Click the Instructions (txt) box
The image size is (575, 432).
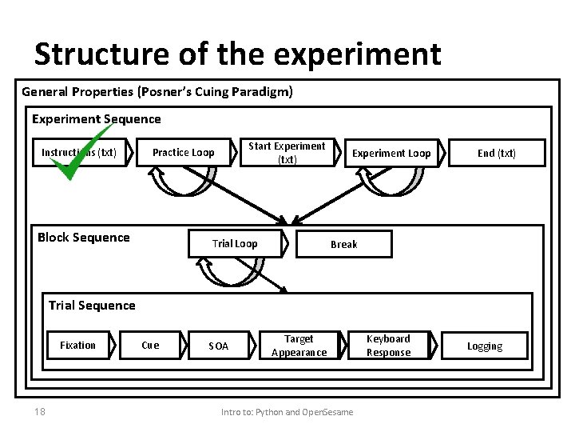pos(79,152)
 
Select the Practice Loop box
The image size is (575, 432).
pos(183,152)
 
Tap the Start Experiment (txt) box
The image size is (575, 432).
pos(287,152)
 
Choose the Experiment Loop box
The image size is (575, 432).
pos(391,153)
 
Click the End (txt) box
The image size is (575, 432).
pos(497,153)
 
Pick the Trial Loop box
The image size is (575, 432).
pos(235,244)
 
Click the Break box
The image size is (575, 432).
pos(344,244)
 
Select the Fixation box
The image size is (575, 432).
pos(77,345)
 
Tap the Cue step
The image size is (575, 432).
pos(150,345)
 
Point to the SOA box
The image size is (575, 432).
pos(218,346)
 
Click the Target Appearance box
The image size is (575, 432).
pos(299,346)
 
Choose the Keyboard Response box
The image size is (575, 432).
pos(388,346)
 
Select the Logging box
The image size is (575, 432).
pos(485,346)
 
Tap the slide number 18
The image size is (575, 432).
pos(39,411)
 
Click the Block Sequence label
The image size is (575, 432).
pos(83,237)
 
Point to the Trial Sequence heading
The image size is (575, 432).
pos(92,305)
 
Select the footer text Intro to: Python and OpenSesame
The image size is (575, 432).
pos(287,412)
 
